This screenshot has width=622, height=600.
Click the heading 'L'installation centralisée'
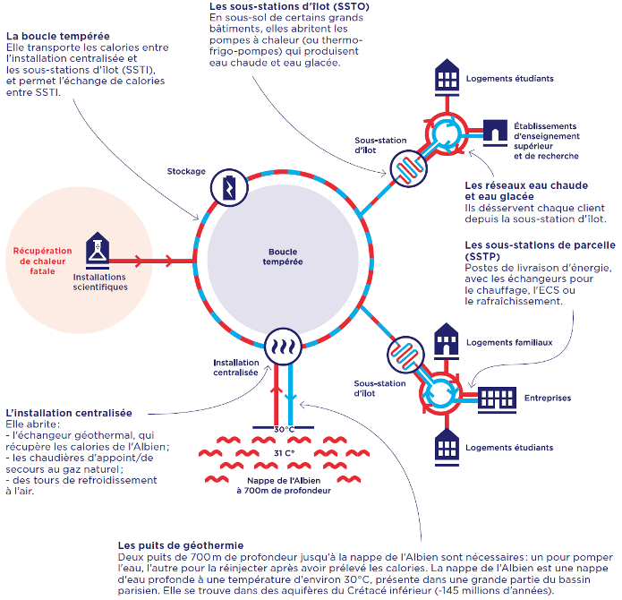pos(69,414)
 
